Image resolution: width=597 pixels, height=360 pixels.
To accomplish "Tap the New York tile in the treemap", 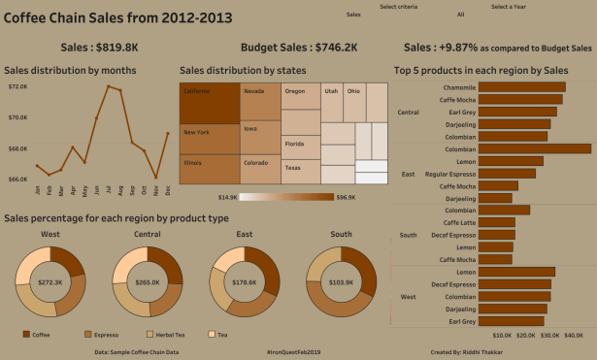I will pos(209,137).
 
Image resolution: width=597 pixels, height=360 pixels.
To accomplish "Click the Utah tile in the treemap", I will pos(332,99).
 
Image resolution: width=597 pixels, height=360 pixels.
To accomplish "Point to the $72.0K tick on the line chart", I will pos(18,86).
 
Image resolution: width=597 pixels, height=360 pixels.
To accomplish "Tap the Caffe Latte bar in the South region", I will pos(497,222).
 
